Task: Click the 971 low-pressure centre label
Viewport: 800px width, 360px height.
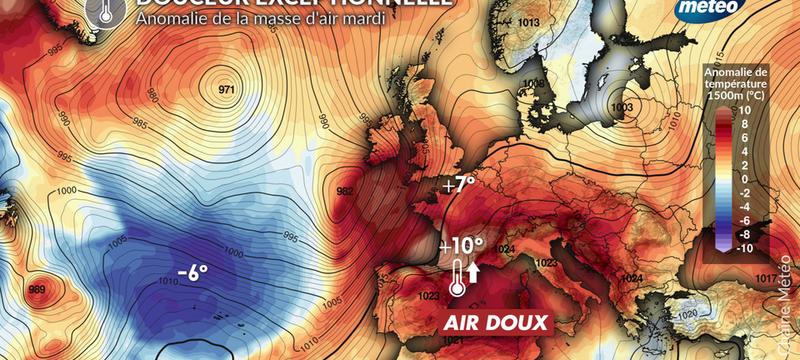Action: (x=226, y=91)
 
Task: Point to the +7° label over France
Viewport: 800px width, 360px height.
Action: (x=460, y=185)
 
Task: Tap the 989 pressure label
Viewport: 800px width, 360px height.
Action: (x=37, y=290)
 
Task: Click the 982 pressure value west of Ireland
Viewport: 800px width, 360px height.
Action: (x=346, y=191)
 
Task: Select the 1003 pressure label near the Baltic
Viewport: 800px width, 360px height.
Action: (x=621, y=106)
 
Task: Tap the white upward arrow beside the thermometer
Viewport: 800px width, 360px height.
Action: (x=474, y=271)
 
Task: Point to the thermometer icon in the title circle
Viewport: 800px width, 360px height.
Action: (x=106, y=10)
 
